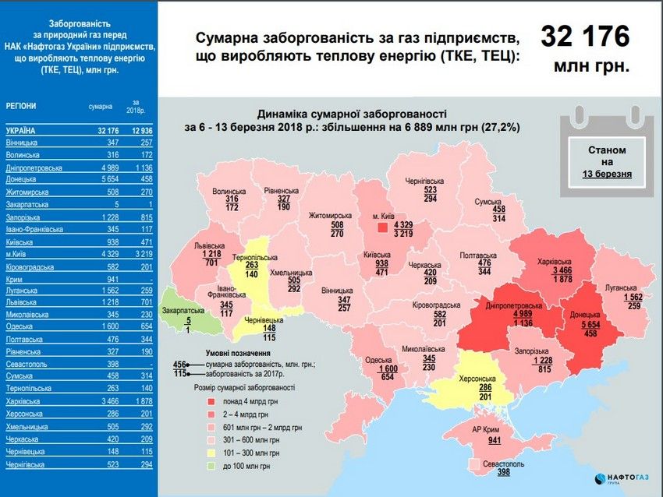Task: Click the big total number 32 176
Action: point(585,37)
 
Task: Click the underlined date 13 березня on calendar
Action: point(606,174)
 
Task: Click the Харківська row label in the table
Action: point(24,400)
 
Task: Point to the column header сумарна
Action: point(100,106)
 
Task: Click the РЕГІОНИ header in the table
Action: point(21,106)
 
